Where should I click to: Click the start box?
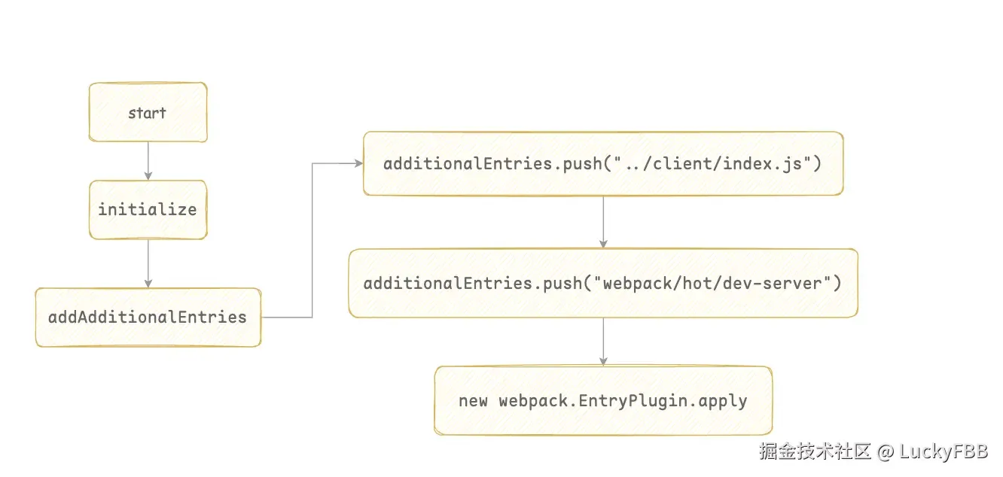point(148,112)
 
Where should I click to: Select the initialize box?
point(148,210)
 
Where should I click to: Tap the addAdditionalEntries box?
point(148,317)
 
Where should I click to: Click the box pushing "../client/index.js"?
point(603,163)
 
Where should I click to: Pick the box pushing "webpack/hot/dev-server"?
point(603,283)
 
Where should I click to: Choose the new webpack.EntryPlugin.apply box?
point(603,400)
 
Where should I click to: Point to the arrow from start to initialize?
point(148,161)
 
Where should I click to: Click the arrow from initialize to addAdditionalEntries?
point(148,263)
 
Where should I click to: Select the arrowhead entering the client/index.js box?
point(358,163)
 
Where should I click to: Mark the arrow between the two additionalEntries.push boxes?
point(603,222)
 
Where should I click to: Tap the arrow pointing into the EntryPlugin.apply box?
point(603,342)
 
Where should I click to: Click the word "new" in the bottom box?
point(473,401)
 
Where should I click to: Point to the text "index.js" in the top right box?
point(762,164)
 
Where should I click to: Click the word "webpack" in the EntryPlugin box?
point(533,401)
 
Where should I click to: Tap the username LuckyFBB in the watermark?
point(944,451)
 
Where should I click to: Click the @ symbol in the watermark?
point(886,452)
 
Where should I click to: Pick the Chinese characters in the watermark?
point(815,451)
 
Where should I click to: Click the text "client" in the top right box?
point(682,164)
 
